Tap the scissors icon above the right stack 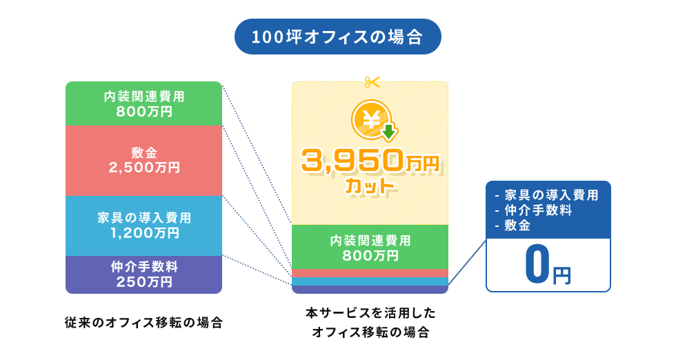click(372, 82)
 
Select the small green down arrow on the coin click(390, 131)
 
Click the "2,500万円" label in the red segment click(143, 167)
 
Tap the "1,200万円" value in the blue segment click(143, 232)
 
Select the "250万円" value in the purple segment click(143, 281)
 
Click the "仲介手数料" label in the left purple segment click(143, 266)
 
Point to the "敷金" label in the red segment click(143, 152)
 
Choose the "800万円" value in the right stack click(370, 255)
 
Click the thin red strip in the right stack click(370, 272)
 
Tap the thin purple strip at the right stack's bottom click(370, 290)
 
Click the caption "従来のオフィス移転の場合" click(143, 322)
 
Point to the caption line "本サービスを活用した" click(370, 313)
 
